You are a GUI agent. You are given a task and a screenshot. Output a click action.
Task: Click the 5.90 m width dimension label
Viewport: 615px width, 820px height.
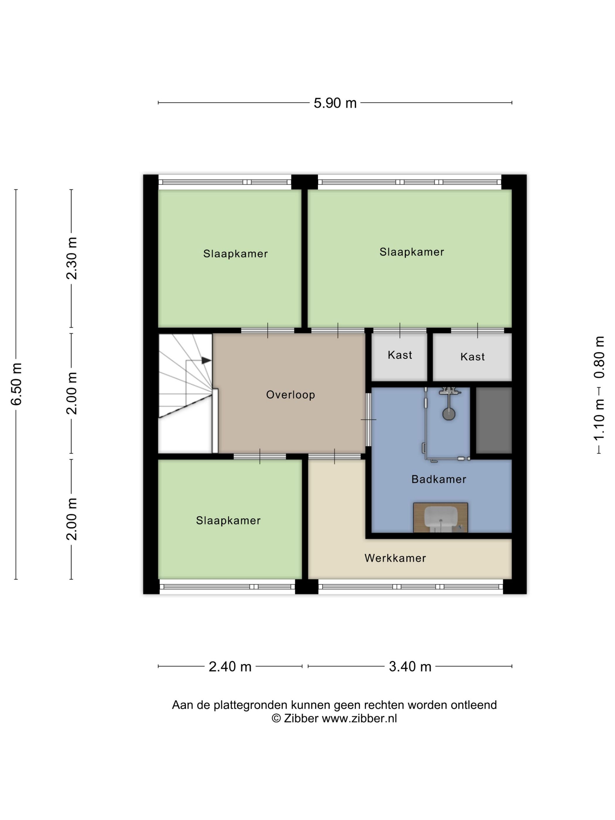(335, 103)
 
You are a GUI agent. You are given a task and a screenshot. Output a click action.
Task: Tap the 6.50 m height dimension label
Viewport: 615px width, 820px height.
(17, 384)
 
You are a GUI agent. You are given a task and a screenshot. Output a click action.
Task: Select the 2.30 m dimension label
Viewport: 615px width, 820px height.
(71, 258)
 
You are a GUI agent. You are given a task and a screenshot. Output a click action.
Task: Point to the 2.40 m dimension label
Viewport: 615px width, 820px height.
(230, 667)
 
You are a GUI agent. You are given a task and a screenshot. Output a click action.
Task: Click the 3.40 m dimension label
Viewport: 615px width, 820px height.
(410, 667)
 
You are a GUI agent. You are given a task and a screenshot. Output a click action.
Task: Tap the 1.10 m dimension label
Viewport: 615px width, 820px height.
(599, 420)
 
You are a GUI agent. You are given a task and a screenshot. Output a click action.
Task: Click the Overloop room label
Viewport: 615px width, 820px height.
(291, 394)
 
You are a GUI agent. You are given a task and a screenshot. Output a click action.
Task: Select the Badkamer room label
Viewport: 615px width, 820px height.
(438, 479)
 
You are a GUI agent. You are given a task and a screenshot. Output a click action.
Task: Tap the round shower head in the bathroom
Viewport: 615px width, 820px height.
(449, 414)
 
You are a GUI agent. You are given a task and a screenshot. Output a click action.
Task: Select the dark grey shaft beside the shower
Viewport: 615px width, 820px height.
(493, 420)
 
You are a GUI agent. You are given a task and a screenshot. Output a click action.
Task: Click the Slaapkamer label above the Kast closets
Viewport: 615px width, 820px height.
(411, 252)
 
